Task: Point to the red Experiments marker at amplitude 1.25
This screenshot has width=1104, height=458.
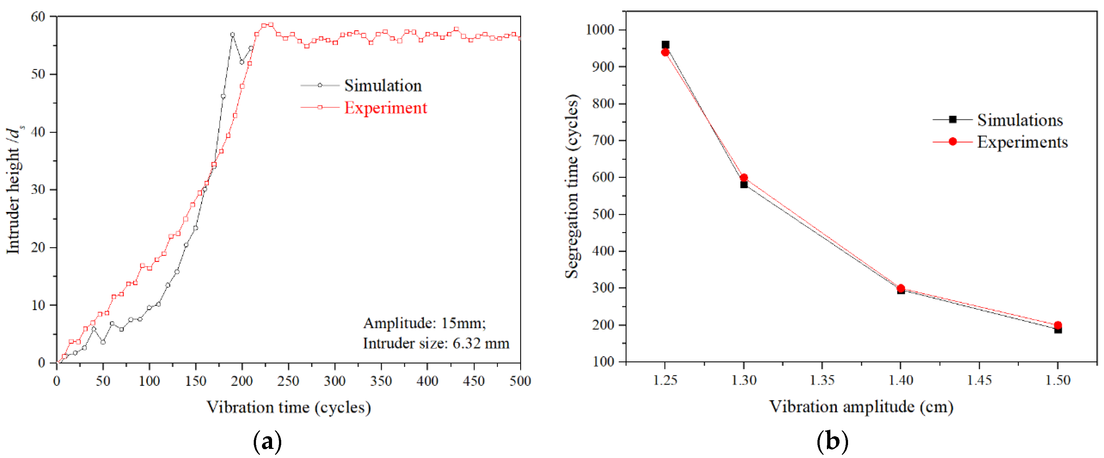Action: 665,52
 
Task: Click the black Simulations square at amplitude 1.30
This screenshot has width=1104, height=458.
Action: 744,185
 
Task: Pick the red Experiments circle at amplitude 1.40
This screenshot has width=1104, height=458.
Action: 901,288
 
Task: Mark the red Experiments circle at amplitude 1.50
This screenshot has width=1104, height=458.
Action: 1058,325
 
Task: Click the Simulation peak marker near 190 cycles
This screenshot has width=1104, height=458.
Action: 232,35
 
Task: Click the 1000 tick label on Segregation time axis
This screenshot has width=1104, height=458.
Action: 600,30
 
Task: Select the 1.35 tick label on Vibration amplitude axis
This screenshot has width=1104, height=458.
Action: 822,380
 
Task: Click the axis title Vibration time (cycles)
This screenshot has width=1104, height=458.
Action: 288,407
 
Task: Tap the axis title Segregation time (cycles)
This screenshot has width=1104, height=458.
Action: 572,186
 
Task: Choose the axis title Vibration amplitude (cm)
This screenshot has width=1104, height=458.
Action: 861,406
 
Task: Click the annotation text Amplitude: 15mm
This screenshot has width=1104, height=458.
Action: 424,323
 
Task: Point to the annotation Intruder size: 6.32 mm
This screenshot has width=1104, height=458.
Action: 436,343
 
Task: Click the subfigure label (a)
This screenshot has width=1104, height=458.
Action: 267,441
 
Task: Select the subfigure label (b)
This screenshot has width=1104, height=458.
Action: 832,441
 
